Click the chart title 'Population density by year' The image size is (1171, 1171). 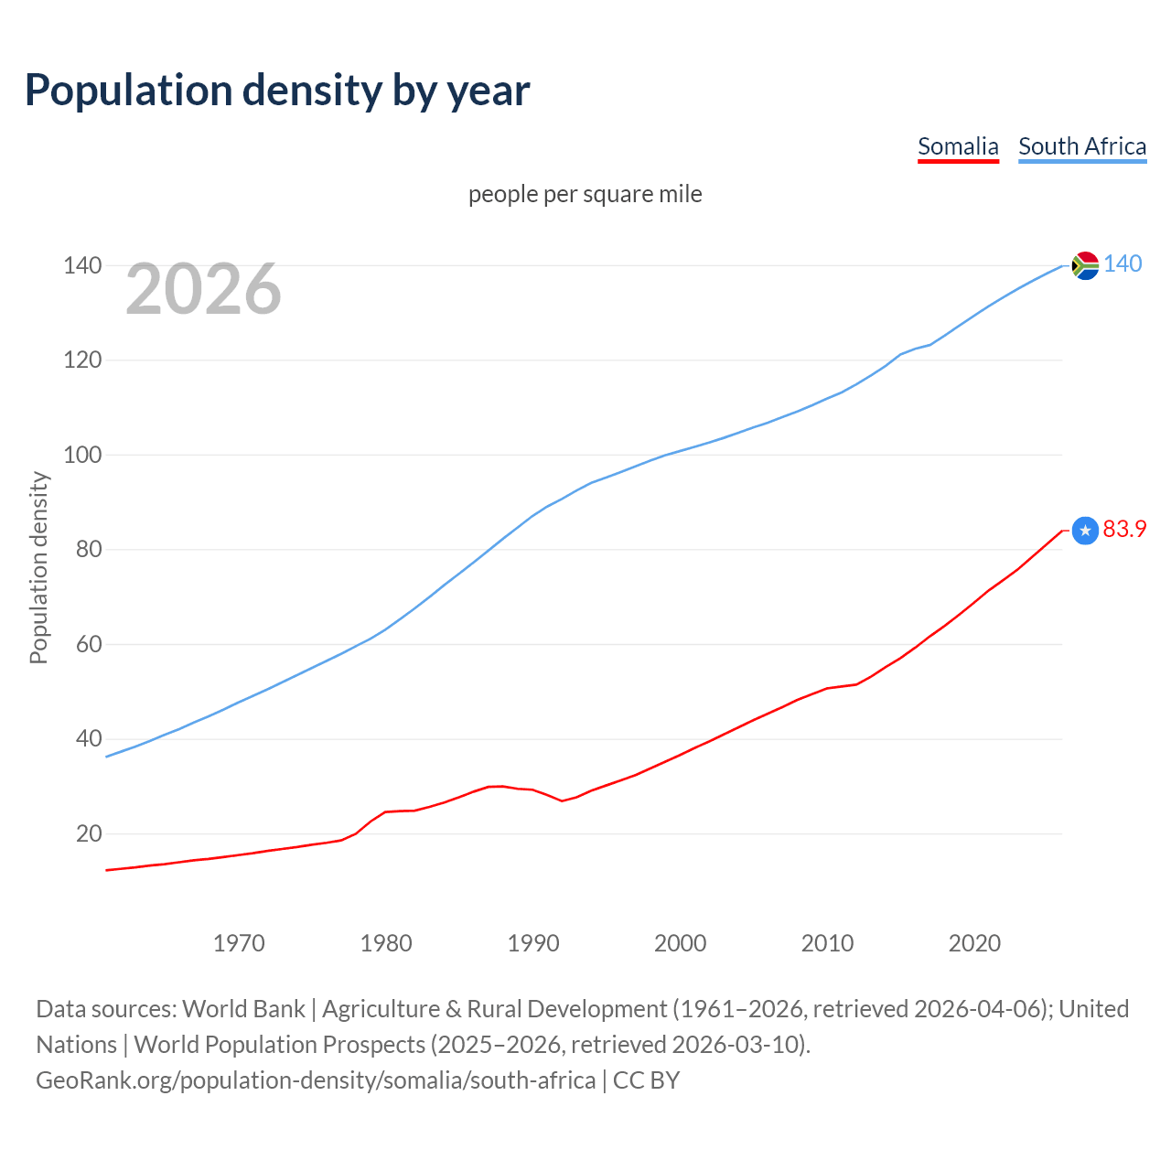coord(277,91)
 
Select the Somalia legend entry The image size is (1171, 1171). coord(958,146)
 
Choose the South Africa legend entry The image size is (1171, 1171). coord(1082,146)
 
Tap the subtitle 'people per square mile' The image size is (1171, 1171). coord(585,194)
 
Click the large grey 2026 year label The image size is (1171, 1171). coord(203,289)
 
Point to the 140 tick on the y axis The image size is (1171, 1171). coord(81,265)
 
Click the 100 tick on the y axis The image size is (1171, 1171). coord(81,455)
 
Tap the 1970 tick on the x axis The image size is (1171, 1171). coord(239,943)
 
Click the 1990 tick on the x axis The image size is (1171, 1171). coord(533,943)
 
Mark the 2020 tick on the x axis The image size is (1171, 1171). coord(974,943)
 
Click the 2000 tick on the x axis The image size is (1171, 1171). coord(681,943)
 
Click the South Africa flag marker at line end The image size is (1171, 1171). coord(1085,265)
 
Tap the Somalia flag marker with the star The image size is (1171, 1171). coord(1085,531)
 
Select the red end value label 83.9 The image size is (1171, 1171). coord(1124,530)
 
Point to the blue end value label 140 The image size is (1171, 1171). coord(1123,263)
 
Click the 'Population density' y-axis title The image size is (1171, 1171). coord(38,567)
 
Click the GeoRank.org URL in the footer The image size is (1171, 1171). coord(316,1080)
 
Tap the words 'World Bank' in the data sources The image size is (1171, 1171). coord(243,1009)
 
